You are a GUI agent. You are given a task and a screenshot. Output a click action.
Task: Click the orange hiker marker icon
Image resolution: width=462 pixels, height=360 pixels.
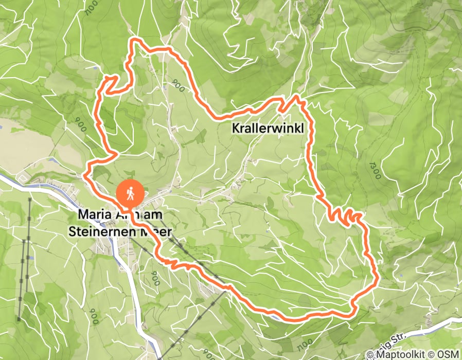(131, 194)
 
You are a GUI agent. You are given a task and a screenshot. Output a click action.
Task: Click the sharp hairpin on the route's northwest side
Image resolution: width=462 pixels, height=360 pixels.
(110, 78)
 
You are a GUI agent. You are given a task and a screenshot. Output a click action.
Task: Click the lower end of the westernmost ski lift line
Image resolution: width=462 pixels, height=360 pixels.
(19, 319)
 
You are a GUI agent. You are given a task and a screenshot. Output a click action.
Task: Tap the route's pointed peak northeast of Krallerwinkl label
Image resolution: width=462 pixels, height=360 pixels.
(297, 96)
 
